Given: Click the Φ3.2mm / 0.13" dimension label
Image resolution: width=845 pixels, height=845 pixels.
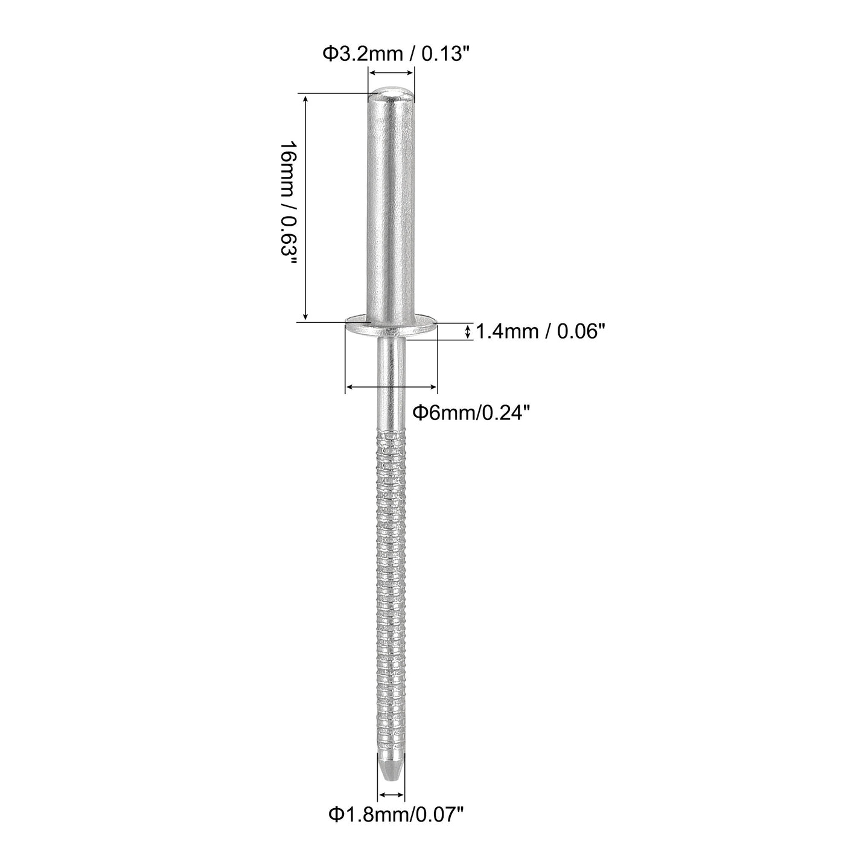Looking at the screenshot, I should click(x=395, y=54).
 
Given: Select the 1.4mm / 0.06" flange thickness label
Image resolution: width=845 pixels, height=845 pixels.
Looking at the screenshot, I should click(x=540, y=331).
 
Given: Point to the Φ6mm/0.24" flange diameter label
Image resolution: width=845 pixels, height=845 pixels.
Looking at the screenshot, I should click(x=471, y=412).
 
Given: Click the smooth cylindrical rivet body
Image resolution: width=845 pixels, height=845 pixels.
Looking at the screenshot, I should click(x=392, y=205).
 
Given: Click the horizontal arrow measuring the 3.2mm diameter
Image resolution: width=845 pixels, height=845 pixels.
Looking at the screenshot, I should click(x=392, y=72).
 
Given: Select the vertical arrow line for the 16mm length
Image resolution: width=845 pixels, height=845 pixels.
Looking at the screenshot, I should click(x=306, y=207).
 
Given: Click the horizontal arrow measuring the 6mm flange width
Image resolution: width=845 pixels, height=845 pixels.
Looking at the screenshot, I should click(x=391, y=387).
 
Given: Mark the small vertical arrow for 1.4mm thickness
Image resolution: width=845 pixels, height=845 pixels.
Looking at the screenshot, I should click(x=469, y=331).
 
